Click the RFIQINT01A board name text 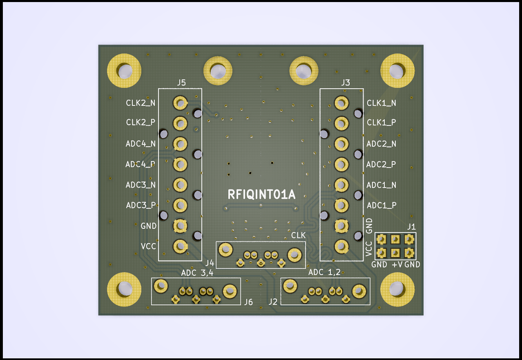point(261,195)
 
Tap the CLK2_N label point(141,103)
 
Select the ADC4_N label point(141,144)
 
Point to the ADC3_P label point(141,205)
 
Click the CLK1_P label point(381,122)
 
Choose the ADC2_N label point(381,144)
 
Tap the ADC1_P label point(381,205)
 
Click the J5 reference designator point(181,83)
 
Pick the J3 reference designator point(346,83)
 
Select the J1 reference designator point(411,227)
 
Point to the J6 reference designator point(248,302)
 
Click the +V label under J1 point(397,265)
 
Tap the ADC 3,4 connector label point(197,273)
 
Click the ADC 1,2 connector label point(324,273)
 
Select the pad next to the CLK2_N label point(180,103)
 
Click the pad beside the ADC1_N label point(341,185)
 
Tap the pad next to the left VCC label point(180,246)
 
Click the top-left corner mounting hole point(124,71)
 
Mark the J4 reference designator point(210,262)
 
